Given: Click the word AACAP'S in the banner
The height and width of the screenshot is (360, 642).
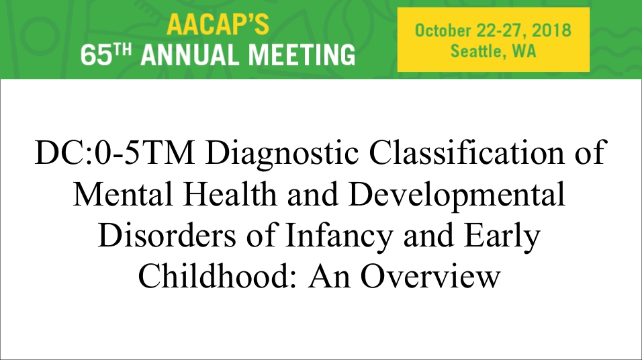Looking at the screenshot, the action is [218, 25].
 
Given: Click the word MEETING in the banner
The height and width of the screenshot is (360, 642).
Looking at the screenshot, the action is [302, 55].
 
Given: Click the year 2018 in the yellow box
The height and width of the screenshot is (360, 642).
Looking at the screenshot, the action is [552, 31].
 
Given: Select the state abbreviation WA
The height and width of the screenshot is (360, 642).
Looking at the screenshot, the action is [524, 51].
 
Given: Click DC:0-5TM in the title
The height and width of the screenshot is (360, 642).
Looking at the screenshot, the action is [115, 152].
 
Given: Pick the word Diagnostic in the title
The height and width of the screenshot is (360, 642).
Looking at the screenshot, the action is [282, 154].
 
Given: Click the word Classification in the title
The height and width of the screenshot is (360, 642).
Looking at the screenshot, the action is [466, 152].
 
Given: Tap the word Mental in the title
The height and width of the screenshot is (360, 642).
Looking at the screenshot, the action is [123, 193].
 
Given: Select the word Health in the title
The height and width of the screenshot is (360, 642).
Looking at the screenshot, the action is [229, 193].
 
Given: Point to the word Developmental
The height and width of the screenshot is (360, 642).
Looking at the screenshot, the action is [457, 195].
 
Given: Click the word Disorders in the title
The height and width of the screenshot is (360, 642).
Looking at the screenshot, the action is [167, 234].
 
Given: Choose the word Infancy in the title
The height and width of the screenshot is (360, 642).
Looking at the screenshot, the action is [339, 236].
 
